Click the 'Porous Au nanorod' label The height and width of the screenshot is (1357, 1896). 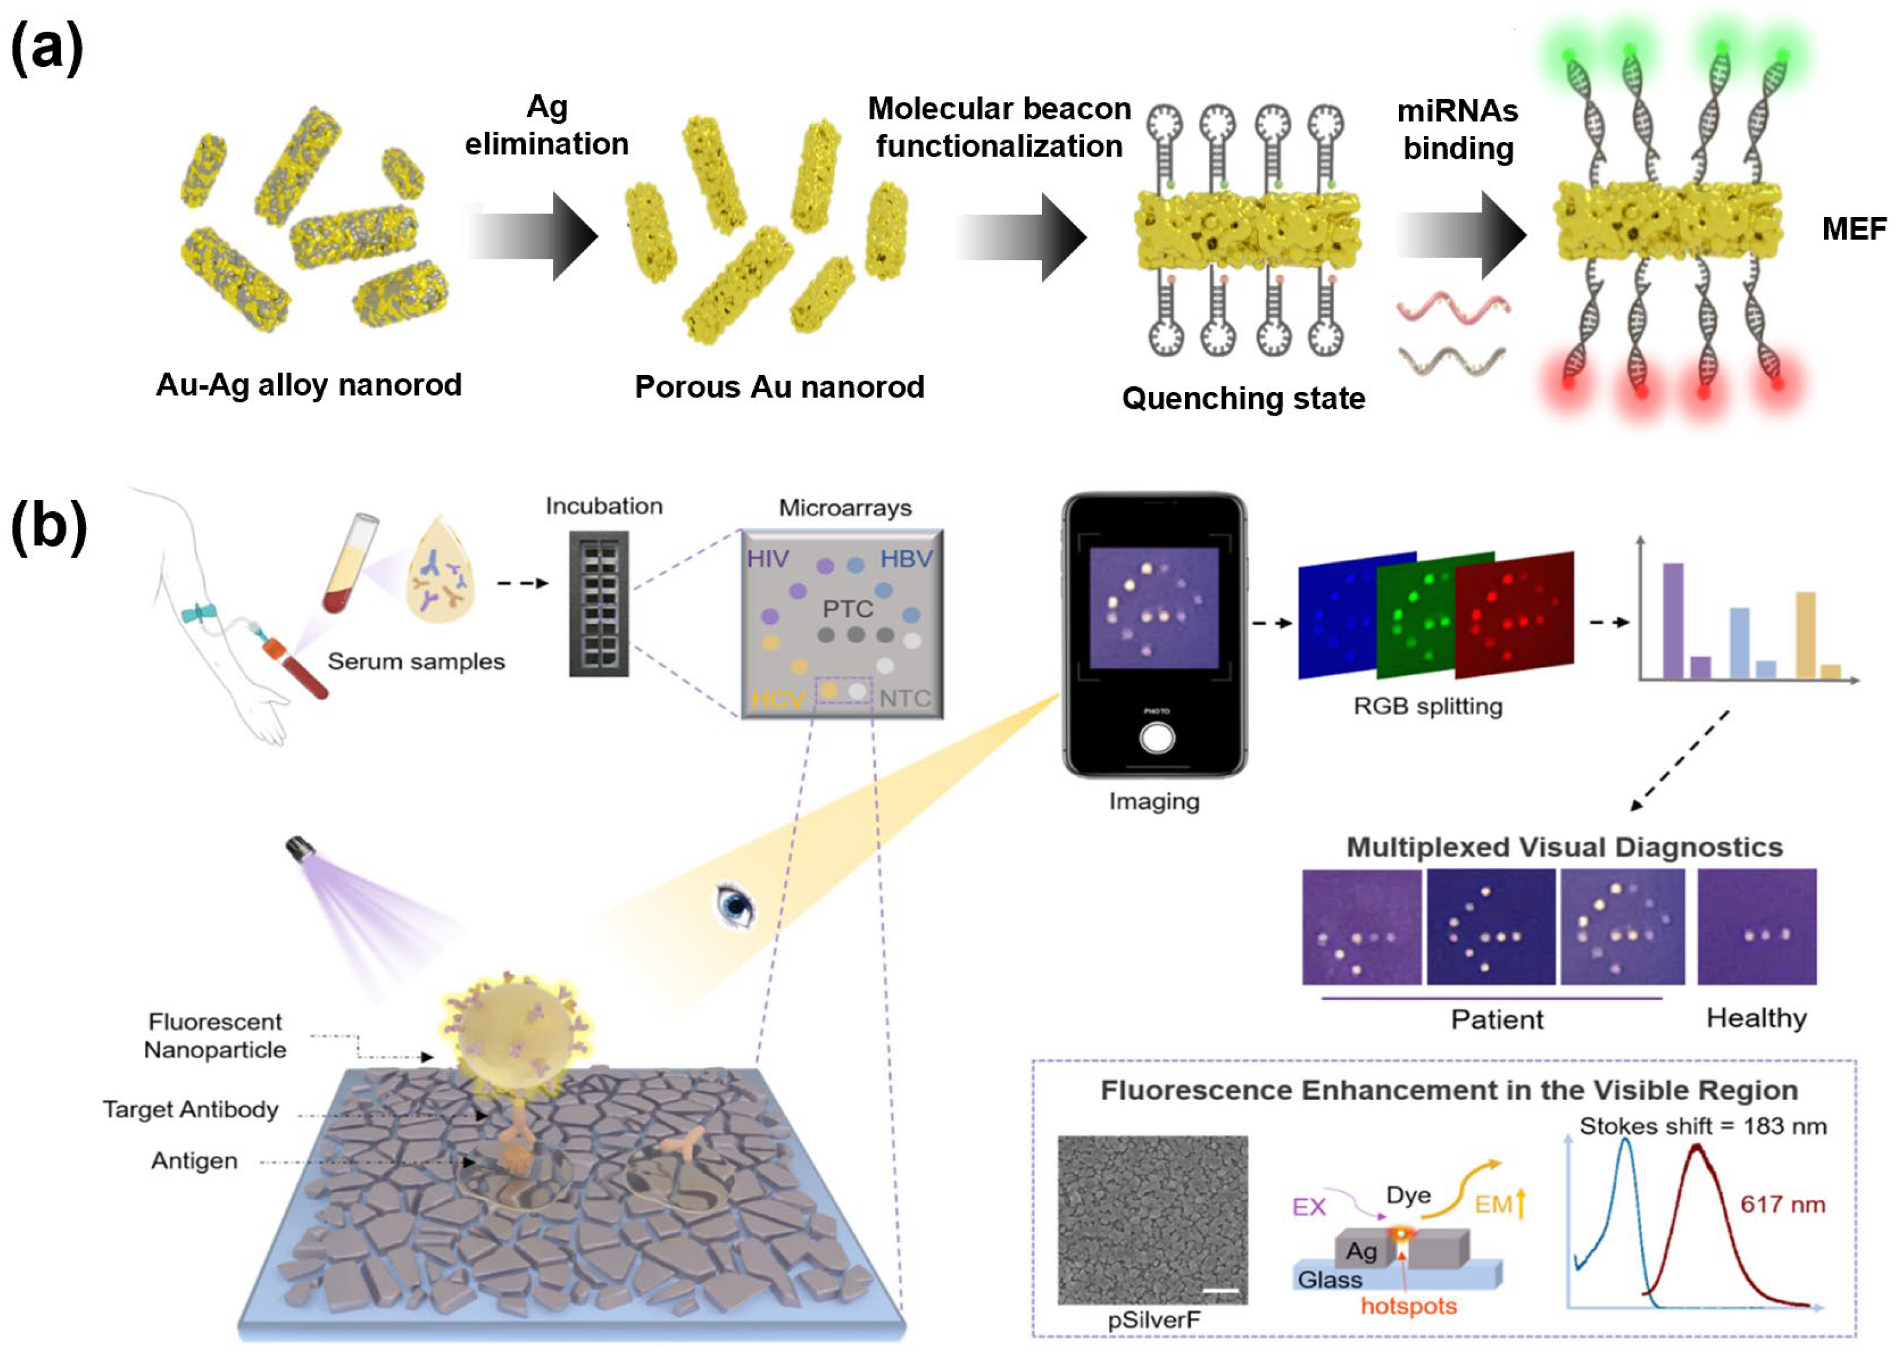pyautogui.click(x=779, y=387)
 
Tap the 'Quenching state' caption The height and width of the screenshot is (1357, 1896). pyautogui.click(x=1243, y=399)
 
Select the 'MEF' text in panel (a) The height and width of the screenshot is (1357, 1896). pyautogui.click(x=1853, y=229)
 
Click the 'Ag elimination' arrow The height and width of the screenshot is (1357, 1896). pyautogui.click(x=534, y=236)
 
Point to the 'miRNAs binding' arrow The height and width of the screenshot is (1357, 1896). pyautogui.click(x=1462, y=236)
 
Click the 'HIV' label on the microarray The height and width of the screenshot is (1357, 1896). pyautogui.click(x=767, y=559)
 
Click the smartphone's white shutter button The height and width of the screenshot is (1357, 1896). pyautogui.click(x=1156, y=738)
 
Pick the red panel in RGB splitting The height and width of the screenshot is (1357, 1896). pyautogui.click(x=1514, y=614)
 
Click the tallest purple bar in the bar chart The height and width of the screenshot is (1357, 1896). pyautogui.click(x=1672, y=620)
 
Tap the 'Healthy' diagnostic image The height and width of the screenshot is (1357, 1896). pyautogui.click(x=1757, y=927)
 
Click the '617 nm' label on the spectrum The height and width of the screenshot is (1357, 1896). pyautogui.click(x=1782, y=1204)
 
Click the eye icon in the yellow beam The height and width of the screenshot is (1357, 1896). pyautogui.click(x=735, y=906)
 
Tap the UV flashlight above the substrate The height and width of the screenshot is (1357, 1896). pyautogui.click(x=300, y=849)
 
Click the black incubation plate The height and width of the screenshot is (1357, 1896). pyautogui.click(x=598, y=603)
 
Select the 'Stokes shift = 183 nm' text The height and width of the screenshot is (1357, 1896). pyautogui.click(x=1702, y=1126)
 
